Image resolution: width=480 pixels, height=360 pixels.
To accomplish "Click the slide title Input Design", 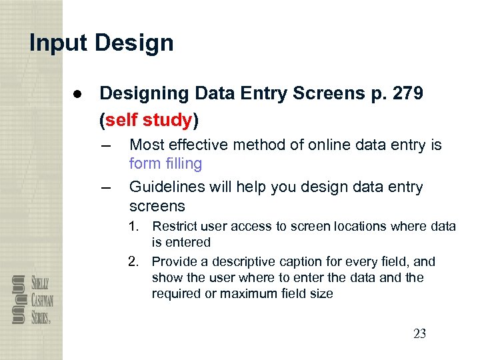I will point(101,43).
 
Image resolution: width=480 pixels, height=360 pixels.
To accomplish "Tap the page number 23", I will point(419,333).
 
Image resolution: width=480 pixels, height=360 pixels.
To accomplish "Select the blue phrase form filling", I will point(165,163).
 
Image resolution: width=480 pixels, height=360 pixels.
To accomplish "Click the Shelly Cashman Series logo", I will point(33,299).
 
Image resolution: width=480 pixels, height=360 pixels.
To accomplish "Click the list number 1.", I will point(134,227).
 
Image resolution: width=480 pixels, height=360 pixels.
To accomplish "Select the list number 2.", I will point(134,261).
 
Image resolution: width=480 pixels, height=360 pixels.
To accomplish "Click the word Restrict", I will point(175,227).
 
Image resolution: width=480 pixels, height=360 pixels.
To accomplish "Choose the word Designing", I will point(141,93).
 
